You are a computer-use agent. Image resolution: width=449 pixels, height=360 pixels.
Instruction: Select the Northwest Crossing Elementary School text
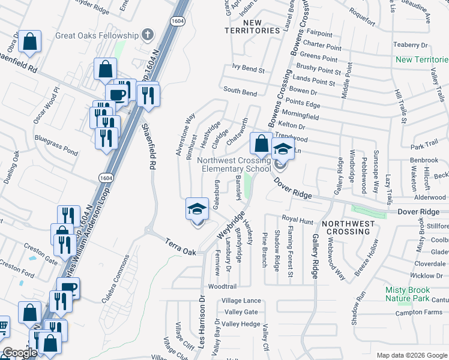point(236,165)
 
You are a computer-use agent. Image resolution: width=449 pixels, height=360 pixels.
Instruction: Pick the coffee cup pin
point(116,95)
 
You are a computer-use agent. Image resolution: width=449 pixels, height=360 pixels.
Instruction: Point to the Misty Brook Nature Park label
point(415,293)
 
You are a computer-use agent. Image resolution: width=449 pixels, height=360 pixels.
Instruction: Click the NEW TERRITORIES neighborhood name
point(252,26)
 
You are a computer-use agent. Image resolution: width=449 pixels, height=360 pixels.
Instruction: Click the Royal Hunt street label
point(298,220)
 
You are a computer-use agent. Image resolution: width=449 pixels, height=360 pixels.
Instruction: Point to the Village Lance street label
point(241,301)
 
